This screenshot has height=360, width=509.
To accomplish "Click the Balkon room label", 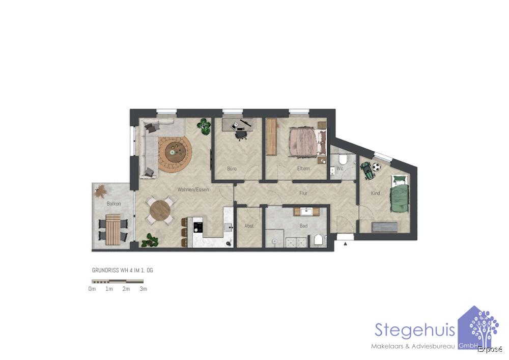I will (114, 204).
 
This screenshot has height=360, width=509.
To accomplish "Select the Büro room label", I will (232, 168).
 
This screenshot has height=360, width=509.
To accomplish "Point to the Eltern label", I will (303, 169).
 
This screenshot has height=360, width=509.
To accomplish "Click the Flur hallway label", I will (304, 193).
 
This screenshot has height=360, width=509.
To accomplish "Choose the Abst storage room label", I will (249, 226).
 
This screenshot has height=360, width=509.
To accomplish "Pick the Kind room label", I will (375, 193).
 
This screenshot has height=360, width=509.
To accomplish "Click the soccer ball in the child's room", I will (376, 167).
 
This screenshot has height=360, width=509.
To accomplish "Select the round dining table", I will (161, 210).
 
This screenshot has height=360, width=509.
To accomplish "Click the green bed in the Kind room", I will (400, 196).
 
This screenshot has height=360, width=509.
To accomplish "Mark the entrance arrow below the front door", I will (345, 244).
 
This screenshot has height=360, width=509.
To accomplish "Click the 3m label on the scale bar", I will (144, 289).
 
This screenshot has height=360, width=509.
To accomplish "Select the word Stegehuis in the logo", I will (414, 329).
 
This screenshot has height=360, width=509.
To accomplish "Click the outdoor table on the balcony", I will (115, 229).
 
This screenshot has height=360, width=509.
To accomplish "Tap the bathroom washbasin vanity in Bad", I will (306, 211).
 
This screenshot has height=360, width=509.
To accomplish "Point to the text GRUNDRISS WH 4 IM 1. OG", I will (122, 270).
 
